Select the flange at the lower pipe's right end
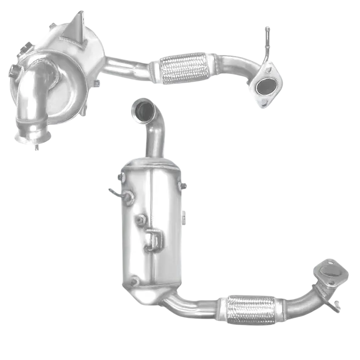(332, 271)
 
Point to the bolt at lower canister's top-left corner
(121, 177)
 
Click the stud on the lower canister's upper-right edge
(183, 186)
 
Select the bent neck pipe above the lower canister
(155, 135)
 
